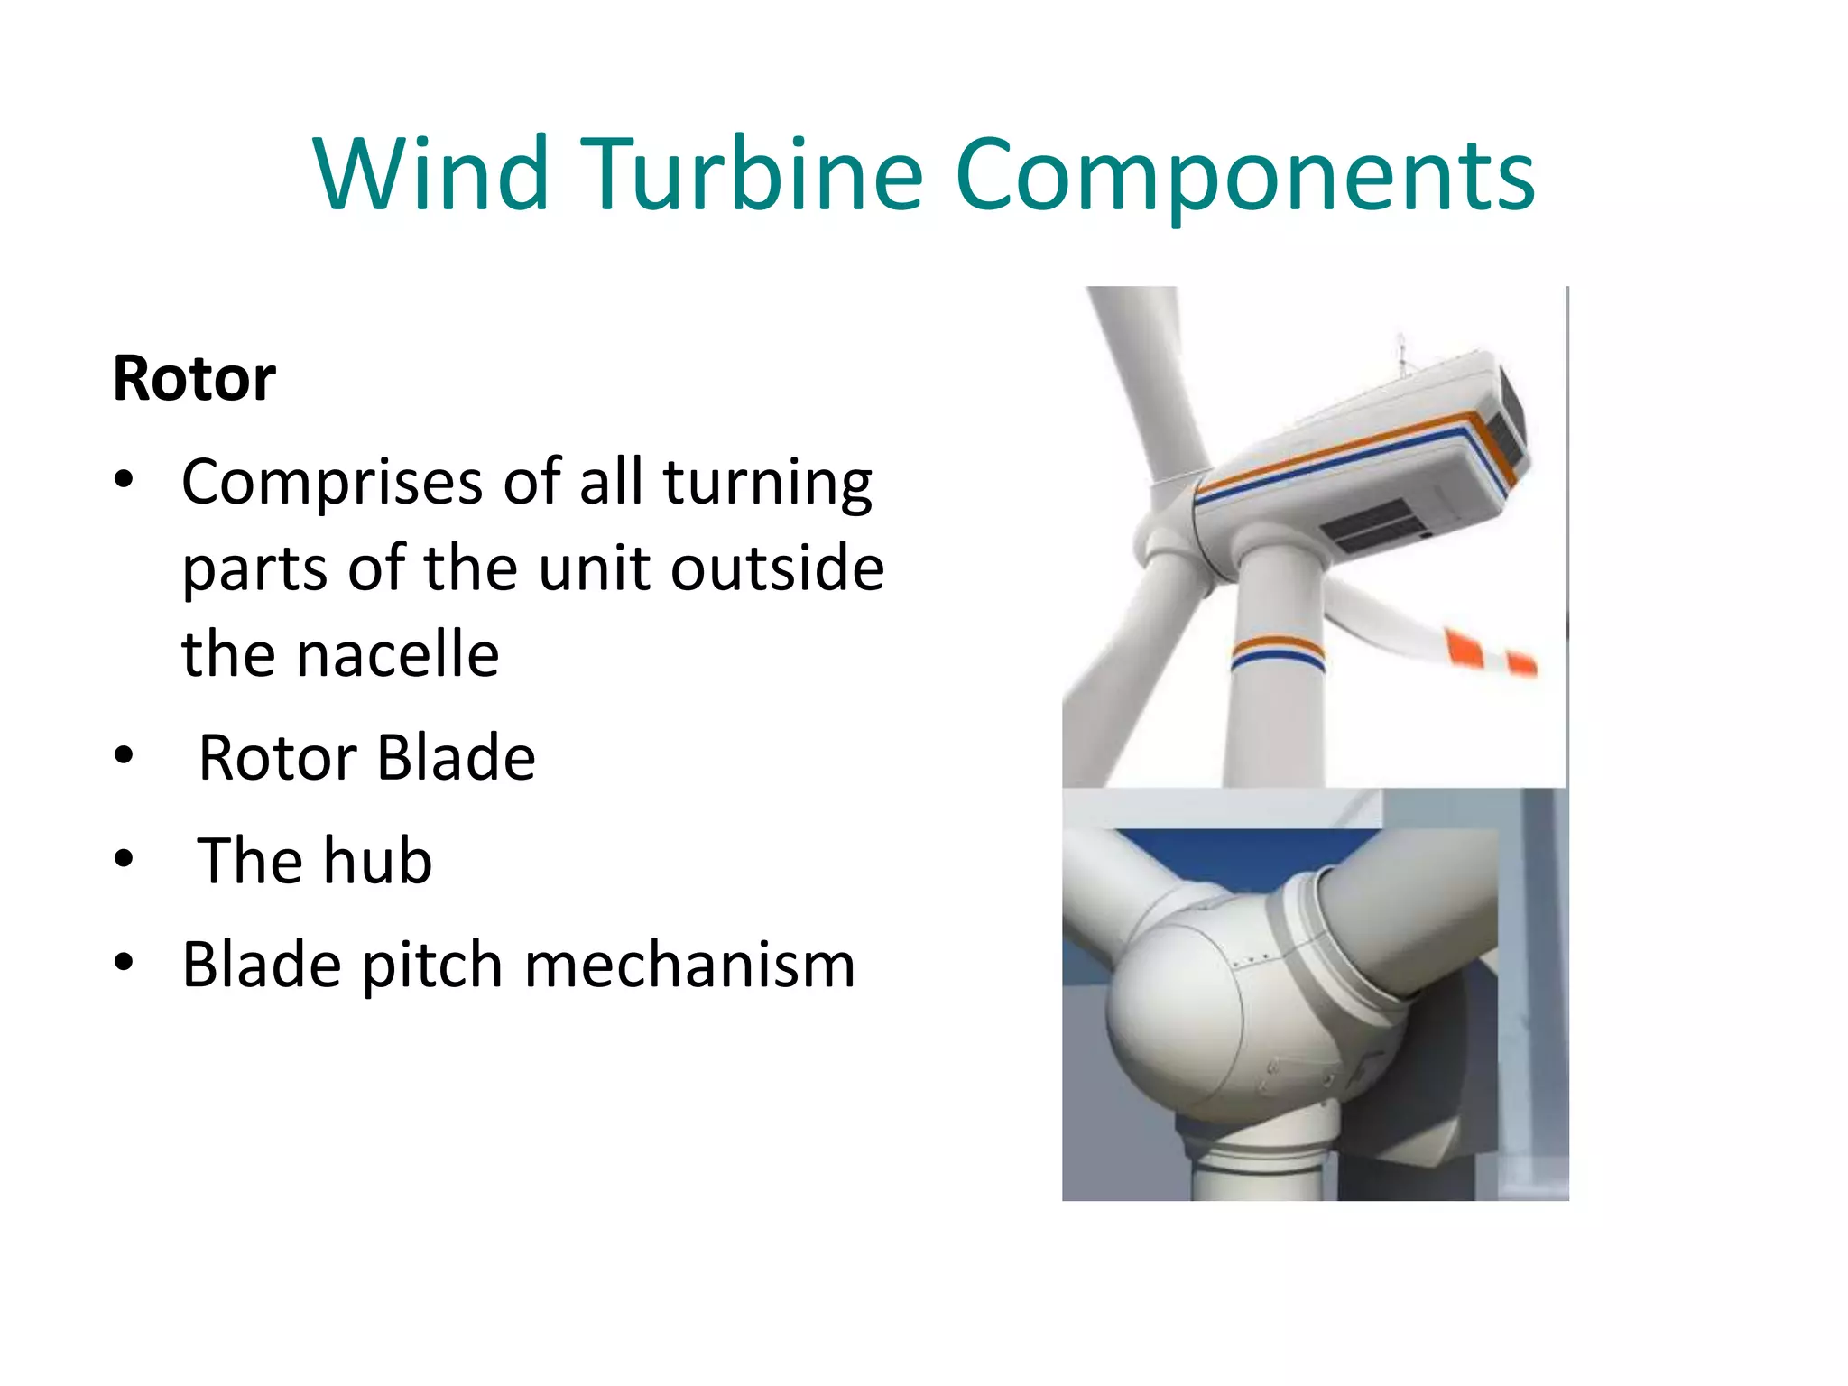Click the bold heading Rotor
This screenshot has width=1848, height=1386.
(x=194, y=379)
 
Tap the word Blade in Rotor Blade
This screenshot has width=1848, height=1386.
(x=456, y=757)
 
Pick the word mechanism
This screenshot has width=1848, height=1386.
(x=689, y=965)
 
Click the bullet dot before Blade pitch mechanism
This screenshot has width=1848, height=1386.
(x=125, y=962)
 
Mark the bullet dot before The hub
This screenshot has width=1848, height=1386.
(x=125, y=859)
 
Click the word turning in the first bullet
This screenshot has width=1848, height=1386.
(x=768, y=483)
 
